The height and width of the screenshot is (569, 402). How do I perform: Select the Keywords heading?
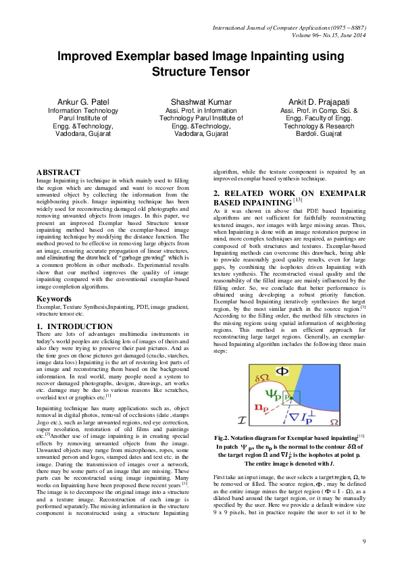pyautogui.click(x=55, y=298)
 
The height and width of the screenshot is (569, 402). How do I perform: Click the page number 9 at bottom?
pyautogui.click(x=363, y=541)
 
